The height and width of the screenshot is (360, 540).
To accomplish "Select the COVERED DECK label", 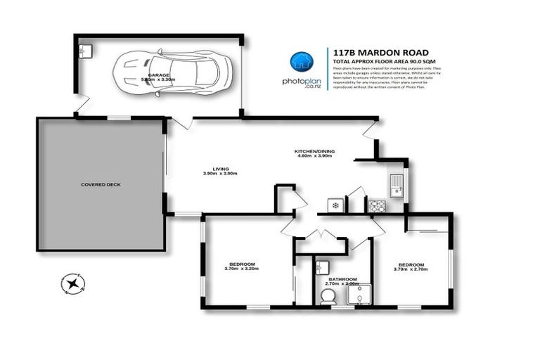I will (101, 184).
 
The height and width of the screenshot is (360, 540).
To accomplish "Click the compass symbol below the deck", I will (73, 283).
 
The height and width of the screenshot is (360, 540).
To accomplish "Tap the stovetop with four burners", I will (376, 206).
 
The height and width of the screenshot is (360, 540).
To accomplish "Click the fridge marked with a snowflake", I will (335, 206).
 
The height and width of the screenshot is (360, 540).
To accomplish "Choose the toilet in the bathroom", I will (328, 297).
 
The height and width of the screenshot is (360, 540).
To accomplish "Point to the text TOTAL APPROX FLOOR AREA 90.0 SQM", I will (380, 61).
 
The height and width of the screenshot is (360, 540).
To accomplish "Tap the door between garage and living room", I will (181, 123).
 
